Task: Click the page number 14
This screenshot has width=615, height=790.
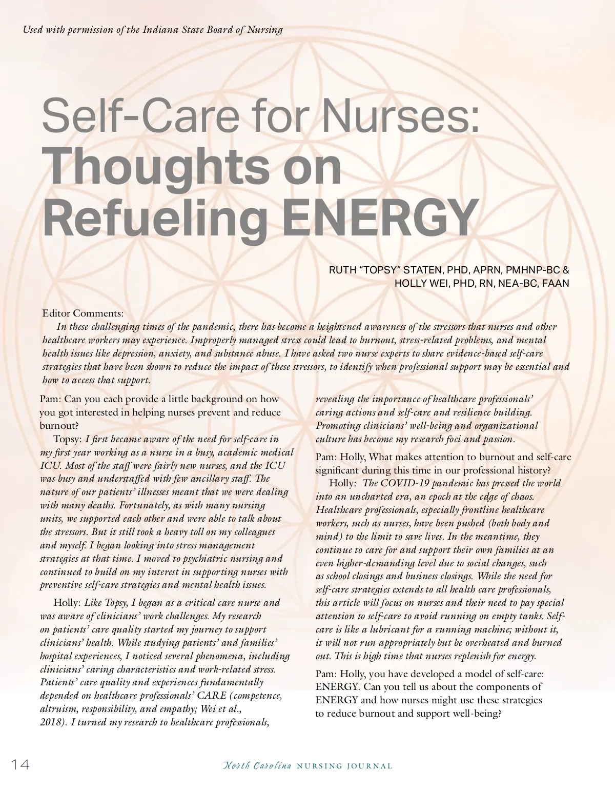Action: click(20, 765)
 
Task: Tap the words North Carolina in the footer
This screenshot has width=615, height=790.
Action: click(257, 766)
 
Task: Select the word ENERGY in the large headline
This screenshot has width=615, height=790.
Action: click(380, 217)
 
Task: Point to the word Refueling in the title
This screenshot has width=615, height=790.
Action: click(155, 217)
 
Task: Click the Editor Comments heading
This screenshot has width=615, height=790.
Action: click(83, 313)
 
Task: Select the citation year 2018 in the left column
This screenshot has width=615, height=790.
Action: click(51, 723)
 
